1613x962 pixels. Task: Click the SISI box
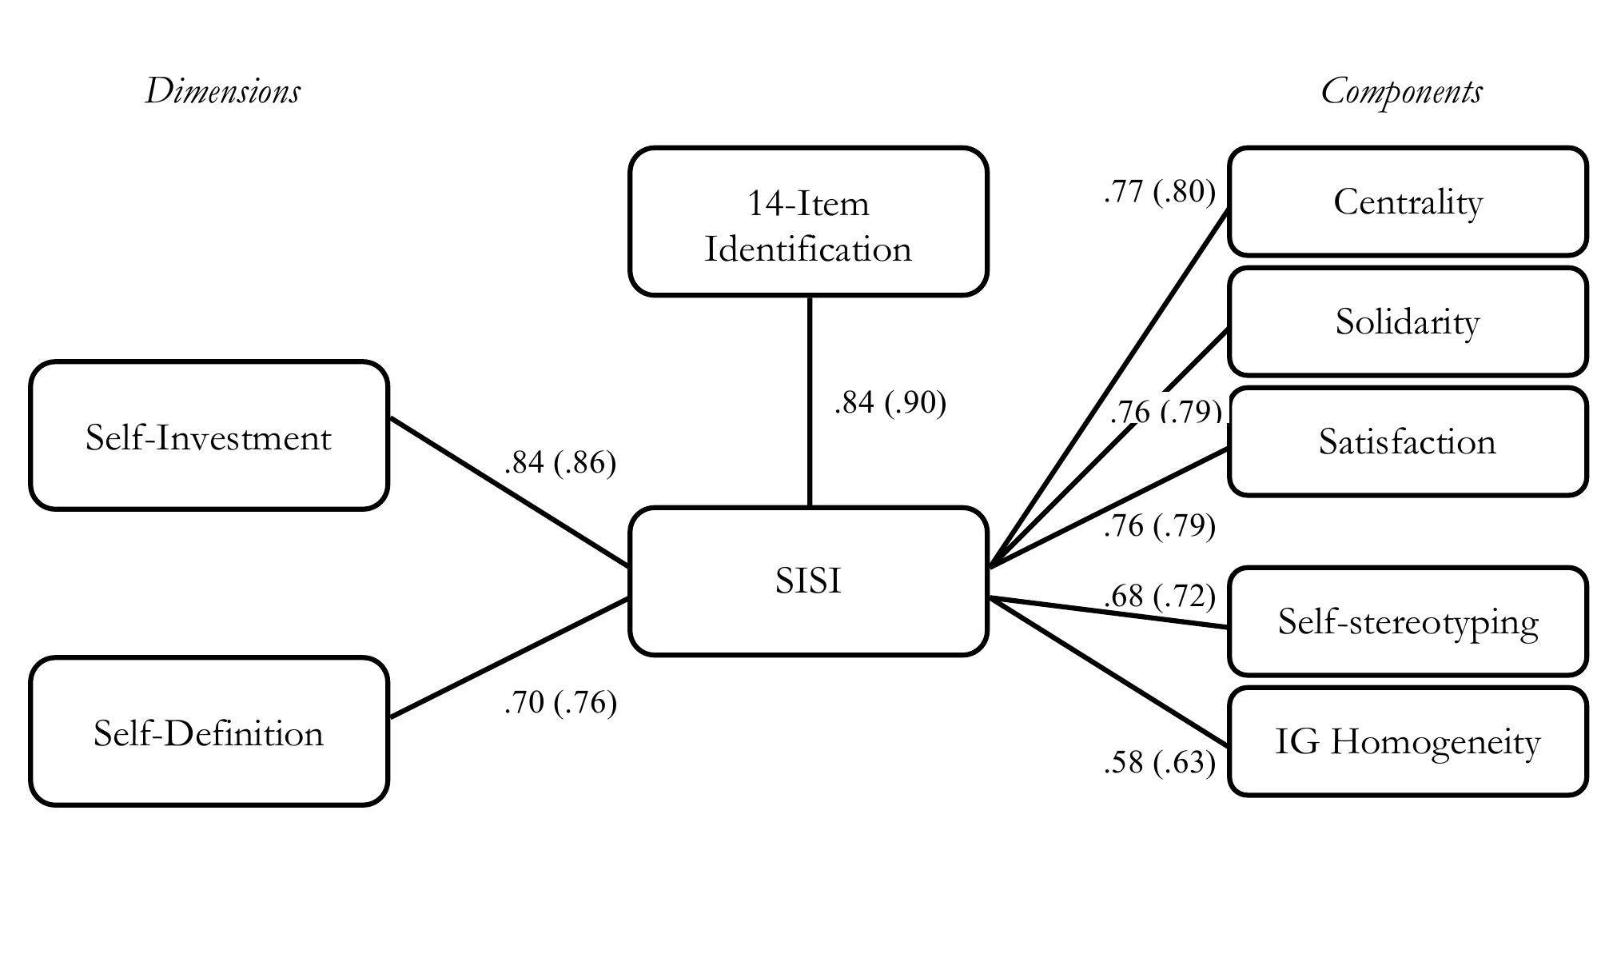coord(808,581)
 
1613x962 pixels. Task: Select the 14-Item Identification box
coord(808,222)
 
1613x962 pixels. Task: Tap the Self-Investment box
coord(209,436)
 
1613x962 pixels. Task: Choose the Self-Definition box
coord(209,732)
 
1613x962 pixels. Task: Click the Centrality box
coord(1407,202)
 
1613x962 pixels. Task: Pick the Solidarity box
coord(1407,321)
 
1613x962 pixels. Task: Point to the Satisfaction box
coord(1407,441)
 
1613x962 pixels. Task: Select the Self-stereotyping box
coord(1407,621)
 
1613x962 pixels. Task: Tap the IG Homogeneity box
coord(1407,741)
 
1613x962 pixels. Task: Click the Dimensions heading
coord(222,91)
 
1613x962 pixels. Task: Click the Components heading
coord(1401,91)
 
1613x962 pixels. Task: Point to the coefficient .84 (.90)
coord(890,402)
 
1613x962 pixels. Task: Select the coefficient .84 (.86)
coord(560,462)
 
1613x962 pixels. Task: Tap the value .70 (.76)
coord(560,703)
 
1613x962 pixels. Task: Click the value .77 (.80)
coord(1159,192)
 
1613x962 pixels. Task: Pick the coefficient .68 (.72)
coord(1159,596)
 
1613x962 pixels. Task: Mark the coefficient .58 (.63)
coord(1159,763)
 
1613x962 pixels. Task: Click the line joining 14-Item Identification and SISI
coord(810,400)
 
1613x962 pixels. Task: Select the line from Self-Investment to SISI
coord(508,491)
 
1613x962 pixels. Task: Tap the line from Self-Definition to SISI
coord(508,657)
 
